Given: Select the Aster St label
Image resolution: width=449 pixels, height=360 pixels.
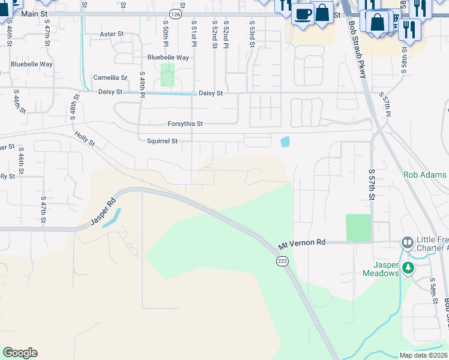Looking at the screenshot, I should coord(111,34).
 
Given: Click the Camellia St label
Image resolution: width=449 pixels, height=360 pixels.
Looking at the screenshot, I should coord(110,78).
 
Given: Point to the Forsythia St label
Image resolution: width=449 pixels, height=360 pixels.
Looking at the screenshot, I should coord(185,124).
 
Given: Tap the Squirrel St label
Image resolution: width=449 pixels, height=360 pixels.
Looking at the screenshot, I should coord(162,142).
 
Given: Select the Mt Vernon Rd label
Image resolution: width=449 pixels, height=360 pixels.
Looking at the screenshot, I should coord(302,243).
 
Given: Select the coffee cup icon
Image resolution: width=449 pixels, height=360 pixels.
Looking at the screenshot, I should coord(303,13).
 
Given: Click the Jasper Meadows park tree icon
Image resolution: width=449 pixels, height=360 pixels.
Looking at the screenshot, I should coord(408,267).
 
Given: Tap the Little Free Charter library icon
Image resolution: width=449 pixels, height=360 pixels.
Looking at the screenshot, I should coord(408,242).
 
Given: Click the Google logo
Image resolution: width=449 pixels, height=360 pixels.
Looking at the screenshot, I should coord(20,353).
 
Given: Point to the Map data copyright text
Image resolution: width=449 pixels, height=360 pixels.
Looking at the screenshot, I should coord(423,355).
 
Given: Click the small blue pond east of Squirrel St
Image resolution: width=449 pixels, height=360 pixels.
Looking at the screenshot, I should coord(285,142).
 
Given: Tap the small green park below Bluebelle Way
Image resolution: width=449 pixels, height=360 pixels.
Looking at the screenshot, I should coord(167,75).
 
